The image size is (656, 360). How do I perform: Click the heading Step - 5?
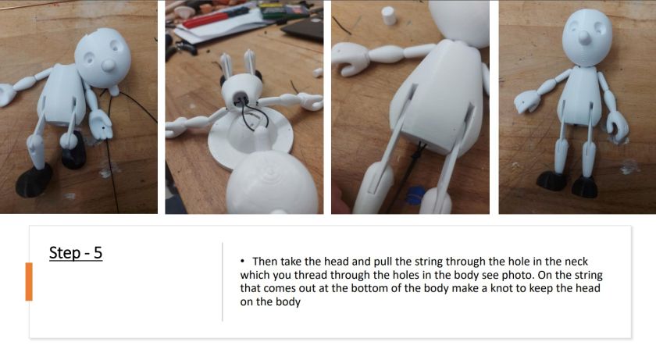point(76,253)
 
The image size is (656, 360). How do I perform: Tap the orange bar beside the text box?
point(29,281)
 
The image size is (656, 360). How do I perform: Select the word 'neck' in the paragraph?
point(576,262)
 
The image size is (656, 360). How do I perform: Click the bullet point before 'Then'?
point(242,262)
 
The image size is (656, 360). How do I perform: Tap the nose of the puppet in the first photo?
point(109,64)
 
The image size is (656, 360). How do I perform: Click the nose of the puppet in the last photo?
point(583,37)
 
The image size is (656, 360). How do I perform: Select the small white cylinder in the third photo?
point(389,16)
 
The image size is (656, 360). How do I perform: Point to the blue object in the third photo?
point(416,194)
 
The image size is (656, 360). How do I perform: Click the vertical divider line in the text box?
point(223,281)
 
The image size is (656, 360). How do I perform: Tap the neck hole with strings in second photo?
point(242,98)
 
